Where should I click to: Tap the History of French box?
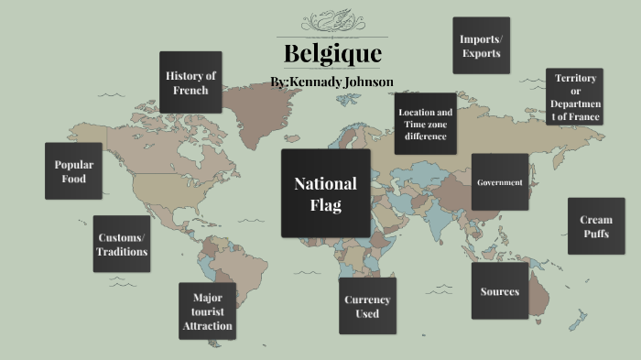(x=190, y=82)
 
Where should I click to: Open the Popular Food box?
(x=73, y=171)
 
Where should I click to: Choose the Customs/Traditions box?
(x=123, y=245)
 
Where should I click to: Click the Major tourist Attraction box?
(x=208, y=311)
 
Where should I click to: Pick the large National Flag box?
(x=325, y=194)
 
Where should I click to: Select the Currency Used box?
(x=367, y=307)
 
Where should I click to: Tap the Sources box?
(x=500, y=291)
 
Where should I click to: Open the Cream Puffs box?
(x=596, y=226)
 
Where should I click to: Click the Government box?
(x=500, y=182)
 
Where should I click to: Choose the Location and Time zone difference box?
(x=425, y=125)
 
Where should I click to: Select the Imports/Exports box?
(x=481, y=45)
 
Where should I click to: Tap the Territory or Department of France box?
(x=575, y=97)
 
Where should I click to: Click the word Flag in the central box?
(x=325, y=206)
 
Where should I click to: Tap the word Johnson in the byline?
(x=365, y=82)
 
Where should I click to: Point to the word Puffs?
(x=596, y=234)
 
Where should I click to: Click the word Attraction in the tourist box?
(x=208, y=326)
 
